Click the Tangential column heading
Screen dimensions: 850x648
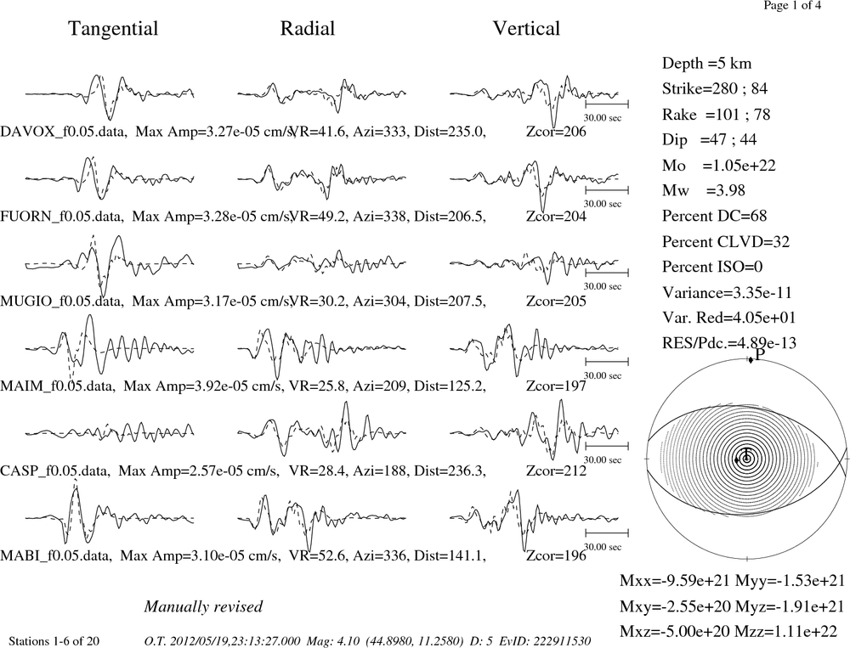113,29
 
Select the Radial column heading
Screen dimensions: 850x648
308,28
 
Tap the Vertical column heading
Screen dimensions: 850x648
526,28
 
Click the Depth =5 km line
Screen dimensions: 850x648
707,64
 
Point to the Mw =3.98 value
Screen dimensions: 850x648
704,190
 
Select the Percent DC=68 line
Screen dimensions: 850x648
715,216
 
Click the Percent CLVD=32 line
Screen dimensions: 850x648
726,241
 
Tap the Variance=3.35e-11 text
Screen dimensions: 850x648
727,292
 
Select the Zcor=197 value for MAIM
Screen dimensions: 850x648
556,386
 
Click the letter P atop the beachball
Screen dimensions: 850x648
760,354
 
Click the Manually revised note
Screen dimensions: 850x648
203,606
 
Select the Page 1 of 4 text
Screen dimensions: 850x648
792,5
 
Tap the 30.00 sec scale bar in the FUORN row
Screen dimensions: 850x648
607,190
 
